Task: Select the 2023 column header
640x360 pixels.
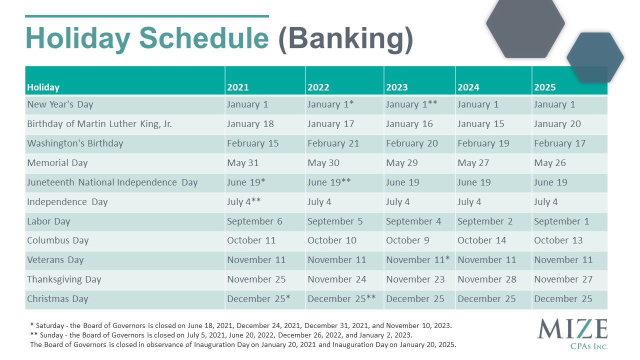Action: pos(397,87)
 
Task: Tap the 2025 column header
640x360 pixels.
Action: pos(545,87)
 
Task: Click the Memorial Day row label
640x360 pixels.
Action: pos(57,163)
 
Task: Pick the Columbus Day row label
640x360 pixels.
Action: pos(57,240)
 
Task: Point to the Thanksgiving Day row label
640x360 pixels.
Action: pos(64,279)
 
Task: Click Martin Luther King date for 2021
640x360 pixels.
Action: pos(250,124)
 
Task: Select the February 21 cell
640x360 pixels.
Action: pos(333,143)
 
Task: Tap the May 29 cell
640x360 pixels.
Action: pos(401,163)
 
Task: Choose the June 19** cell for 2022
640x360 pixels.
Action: pos(329,182)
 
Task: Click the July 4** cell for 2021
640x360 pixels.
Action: pos(243,201)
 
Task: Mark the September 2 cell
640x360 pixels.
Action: pos(485,221)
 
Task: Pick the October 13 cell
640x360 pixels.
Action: pos(558,240)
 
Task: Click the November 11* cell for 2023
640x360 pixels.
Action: pos(418,259)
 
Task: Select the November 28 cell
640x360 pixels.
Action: pos(487,279)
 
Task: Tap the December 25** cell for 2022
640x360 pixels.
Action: pos(341,298)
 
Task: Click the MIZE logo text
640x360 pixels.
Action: pos(572,329)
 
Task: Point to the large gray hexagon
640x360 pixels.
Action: pos(525,27)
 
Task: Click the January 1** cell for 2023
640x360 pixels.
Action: pos(411,104)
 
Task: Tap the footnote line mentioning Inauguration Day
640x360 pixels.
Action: pos(243,344)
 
